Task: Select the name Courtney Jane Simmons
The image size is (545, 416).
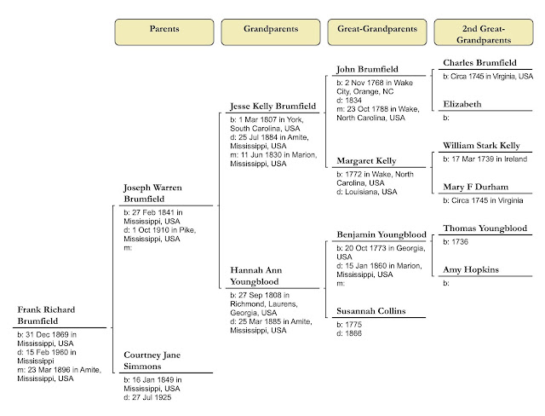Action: tap(152, 361)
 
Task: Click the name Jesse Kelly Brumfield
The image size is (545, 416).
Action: tap(272, 106)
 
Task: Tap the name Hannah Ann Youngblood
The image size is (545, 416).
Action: tap(255, 274)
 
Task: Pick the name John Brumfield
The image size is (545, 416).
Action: tap(369, 69)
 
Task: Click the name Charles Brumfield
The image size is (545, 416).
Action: tap(481, 62)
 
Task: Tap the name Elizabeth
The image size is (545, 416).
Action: tap(462, 104)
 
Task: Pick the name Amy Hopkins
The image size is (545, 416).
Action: tap(470, 269)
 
